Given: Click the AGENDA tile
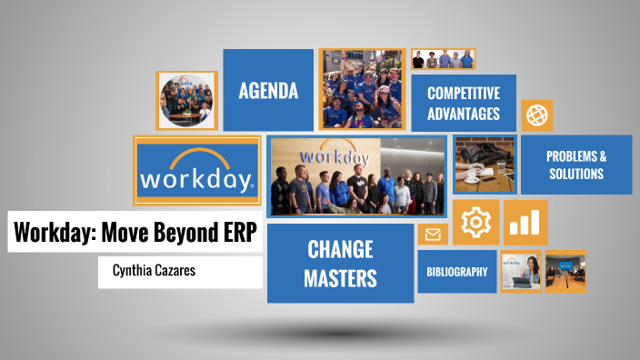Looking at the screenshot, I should coord(268,90).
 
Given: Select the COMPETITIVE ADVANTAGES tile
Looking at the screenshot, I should coord(464,104).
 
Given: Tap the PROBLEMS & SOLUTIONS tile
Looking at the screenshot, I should coord(575,165).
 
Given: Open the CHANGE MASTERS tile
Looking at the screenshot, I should coord(341,263).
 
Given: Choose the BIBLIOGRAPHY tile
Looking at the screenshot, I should coord(456,271).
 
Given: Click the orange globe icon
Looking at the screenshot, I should coord(536,115).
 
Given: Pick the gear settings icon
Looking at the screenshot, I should coord(475,223).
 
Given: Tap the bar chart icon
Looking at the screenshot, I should coord(525,223).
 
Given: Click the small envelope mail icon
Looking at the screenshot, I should coord(432,235).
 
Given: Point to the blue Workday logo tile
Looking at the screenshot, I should coord(197,171).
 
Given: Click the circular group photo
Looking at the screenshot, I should coord(186,98).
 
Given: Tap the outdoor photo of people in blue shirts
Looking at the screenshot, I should coord(362,89).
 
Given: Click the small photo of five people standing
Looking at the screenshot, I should coord(443,59).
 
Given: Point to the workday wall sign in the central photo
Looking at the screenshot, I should coord(334,155).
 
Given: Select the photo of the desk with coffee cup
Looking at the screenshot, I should coord(485,165).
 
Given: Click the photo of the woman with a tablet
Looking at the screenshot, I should coord(521,270).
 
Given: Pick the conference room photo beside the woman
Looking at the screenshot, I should coord(565,271).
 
